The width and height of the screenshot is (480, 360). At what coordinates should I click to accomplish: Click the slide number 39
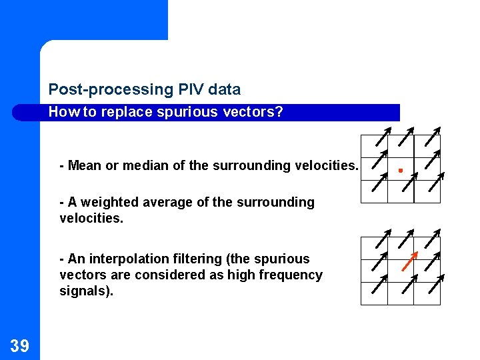(19, 345)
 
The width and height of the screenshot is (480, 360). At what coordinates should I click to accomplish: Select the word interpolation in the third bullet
(127, 259)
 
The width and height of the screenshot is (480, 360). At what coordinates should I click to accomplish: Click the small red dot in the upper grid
(400, 171)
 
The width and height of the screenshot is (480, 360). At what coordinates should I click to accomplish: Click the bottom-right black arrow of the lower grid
(434, 286)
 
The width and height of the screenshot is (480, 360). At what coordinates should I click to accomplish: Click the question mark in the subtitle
(279, 112)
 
